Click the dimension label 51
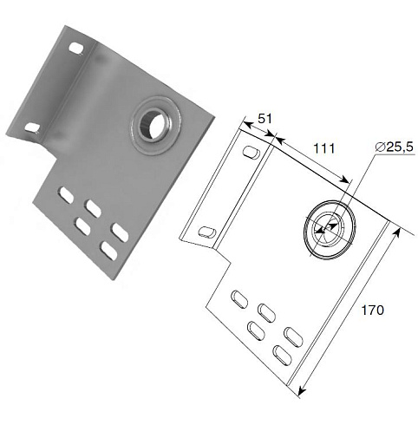265,119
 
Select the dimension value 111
324,149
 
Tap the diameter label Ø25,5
395,147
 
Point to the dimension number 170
373,311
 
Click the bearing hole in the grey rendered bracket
152,125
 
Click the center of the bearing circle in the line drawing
329,229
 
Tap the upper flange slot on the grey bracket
76,48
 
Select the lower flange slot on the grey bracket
32,128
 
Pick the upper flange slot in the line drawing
251,152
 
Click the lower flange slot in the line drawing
207,232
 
